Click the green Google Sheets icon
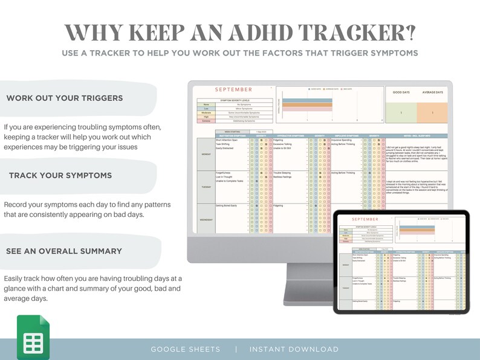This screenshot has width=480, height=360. [x=33, y=337]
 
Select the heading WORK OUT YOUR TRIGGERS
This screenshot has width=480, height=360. [x=65, y=98]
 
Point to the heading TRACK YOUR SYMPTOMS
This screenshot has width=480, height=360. [x=60, y=175]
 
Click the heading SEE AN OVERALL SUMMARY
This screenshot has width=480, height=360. [x=64, y=251]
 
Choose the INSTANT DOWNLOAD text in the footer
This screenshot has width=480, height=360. [x=294, y=349]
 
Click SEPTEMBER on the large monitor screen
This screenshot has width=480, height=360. [x=233, y=89]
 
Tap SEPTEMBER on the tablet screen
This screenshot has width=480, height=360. [x=363, y=219]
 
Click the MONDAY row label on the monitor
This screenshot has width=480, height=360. [x=206, y=153]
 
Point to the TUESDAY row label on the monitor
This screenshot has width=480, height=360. [x=206, y=187]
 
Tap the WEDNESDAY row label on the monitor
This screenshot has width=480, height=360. [x=206, y=219]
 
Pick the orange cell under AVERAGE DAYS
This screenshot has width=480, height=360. [x=431, y=113]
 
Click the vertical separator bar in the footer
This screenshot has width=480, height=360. [x=236, y=349]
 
